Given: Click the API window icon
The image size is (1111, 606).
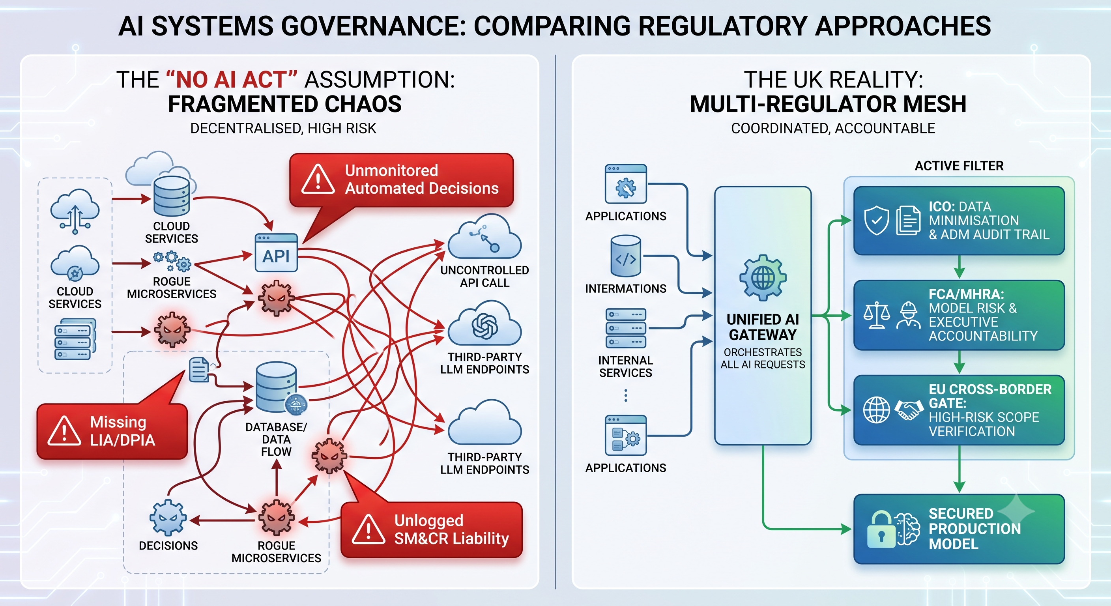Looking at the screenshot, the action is (276, 253).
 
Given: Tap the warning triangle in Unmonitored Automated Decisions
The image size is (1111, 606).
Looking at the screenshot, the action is (318, 179).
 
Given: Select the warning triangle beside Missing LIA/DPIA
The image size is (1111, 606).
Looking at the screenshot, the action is (64, 430).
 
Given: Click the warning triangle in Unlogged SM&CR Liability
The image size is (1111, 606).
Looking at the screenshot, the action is (368, 529).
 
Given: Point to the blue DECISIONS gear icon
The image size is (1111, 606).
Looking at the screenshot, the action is (168, 518).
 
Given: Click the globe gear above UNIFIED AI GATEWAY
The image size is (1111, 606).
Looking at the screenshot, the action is (763, 277).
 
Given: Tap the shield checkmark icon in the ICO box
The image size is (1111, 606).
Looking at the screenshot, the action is (876, 220).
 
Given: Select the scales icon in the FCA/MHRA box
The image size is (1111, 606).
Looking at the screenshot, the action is (876, 315).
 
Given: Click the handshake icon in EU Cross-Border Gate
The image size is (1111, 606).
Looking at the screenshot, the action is (908, 410).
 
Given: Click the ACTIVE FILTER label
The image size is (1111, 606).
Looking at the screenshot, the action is (959, 166).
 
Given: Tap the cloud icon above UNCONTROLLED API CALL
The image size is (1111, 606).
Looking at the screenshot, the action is (484, 237).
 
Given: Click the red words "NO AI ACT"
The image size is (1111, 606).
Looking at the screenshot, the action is (232, 80).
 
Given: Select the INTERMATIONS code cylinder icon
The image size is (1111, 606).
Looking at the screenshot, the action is (626, 256).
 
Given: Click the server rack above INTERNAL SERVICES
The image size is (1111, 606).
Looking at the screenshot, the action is (626, 328).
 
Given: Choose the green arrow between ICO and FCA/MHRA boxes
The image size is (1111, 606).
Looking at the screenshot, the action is (959, 267).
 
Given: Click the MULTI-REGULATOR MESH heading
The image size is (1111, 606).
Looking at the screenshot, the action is (828, 105).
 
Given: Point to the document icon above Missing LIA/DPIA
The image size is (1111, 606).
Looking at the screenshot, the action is (199, 370).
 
